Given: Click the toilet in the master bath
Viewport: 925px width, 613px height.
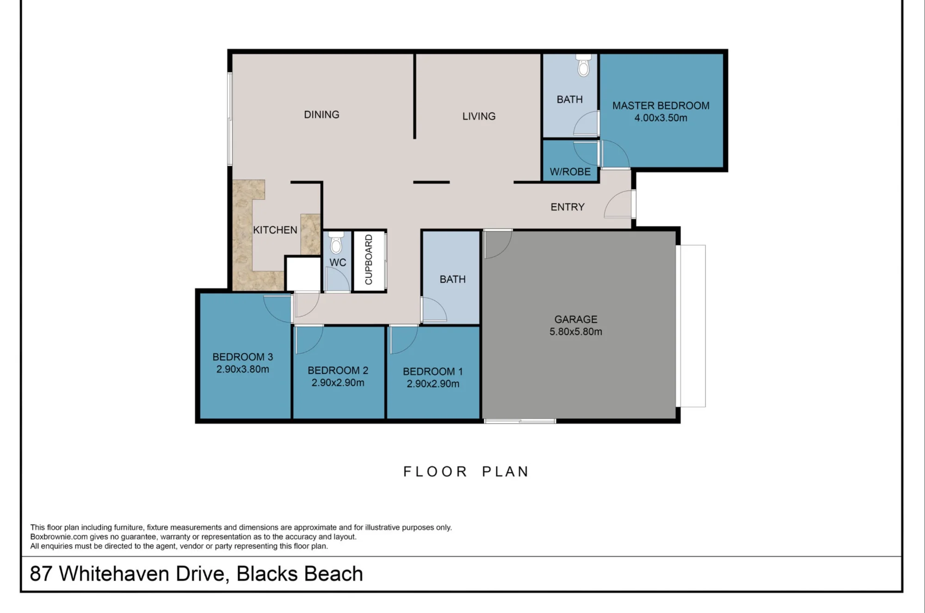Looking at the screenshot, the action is tap(583, 65).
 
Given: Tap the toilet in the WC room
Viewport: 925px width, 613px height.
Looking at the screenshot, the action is tap(336, 242).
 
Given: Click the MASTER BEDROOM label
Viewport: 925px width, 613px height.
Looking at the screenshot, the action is tap(660, 105).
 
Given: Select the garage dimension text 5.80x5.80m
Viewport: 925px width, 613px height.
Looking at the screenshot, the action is tap(576, 332).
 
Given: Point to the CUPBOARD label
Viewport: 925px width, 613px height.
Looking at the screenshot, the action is tap(369, 260).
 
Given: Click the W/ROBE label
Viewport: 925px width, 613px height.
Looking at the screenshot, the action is tap(570, 172).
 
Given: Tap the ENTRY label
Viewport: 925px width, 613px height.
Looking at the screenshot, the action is tap(567, 207).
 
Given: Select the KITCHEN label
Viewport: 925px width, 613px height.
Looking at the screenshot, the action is tap(275, 230).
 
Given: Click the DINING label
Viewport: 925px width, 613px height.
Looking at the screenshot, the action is tap(321, 114).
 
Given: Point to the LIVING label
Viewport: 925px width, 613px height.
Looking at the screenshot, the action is tap(479, 116).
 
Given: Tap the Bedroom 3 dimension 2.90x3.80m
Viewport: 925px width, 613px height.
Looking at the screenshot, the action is tap(243, 369).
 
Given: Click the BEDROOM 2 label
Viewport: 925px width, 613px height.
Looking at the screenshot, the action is tap(338, 371).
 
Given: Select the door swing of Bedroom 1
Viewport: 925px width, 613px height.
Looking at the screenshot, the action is tap(403, 340).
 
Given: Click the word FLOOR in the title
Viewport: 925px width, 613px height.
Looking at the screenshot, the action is tap(435, 471).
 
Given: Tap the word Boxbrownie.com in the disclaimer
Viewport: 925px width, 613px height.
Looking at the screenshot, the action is tap(59, 537).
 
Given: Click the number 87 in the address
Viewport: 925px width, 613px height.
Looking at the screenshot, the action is tap(41, 574).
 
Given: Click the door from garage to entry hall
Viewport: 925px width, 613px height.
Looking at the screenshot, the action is tap(498, 243).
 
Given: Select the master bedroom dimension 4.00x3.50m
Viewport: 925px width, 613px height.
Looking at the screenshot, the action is tap(660, 118).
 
